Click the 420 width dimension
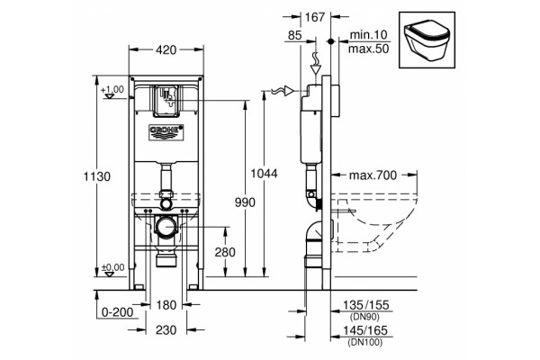[x=166, y=50]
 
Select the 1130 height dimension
[x=97, y=176]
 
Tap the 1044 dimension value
[x=264, y=174]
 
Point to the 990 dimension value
[x=245, y=202]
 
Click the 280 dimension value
[x=225, y=253]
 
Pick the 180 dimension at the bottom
[x=166, y=305]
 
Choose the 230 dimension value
[x=166, y=330]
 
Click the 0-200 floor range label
[x=117, y=312]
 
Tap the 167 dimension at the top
[x=315, y=17]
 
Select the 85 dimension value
[x=295, y=35]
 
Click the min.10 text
[x=368, y=35]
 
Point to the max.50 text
[x=368, y=49]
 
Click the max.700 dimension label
[x=373, y=175]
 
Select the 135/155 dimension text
[x=365, y=305]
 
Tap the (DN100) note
[x=365, y=342]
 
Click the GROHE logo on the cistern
[x=166, y=132]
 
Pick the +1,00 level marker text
[x=112, y=90]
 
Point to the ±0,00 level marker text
[x=113, y=267]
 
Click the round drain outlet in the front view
[x=166, y=227]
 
